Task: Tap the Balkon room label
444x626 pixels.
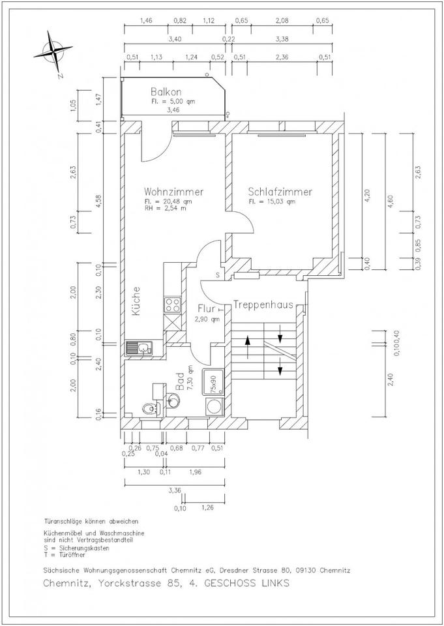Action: click(x=166, y=92)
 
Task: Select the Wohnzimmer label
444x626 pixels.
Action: click(x=174, y=192)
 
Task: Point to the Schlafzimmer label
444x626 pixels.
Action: click(x=280, y=192)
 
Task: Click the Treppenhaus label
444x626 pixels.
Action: click(x=261, y=304)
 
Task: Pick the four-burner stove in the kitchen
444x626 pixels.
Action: click(x=173, y=304)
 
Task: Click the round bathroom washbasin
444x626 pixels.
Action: click(x=173, y=400)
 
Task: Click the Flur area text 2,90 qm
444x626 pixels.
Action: click(x=207, y=320)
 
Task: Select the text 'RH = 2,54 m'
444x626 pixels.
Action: click(x=166, y=209)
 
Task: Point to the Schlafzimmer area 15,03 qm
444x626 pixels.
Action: click(x=272, y=202)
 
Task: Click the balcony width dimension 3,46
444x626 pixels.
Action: click(x=173, y=110)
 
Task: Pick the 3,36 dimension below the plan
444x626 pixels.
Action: click(x=173, y=490)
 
